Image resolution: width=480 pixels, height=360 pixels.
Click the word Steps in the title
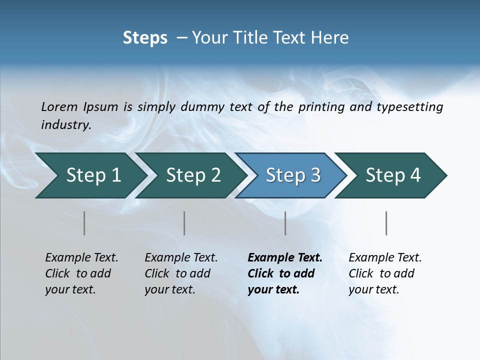(145, 38)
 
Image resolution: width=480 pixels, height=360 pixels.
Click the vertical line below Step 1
(84, 223)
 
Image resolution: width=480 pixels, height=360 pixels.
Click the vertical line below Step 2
(184, 223)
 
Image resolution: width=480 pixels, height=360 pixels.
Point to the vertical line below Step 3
(285, 223)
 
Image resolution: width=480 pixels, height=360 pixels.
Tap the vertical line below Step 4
(386, 223)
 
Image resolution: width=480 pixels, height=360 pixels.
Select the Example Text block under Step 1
(81, 273)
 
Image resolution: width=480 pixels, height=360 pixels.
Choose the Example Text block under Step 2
(181, 273)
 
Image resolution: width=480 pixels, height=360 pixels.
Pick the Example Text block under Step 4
(385, 273)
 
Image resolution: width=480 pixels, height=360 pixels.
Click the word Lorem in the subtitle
(59, 107)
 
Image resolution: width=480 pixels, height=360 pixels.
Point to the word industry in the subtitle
(66, 125)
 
